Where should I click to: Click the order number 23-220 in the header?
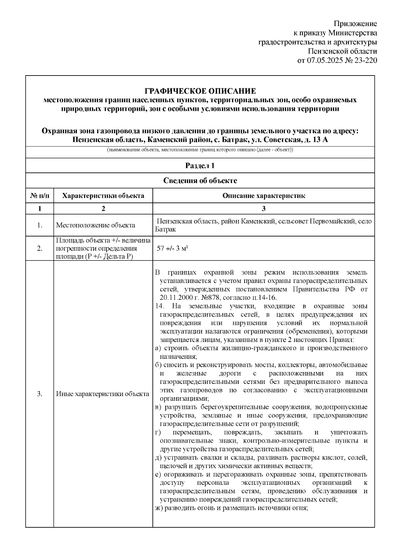365,61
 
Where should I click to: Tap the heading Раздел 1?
200,166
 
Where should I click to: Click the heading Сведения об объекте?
200,181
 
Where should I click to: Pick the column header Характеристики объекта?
103,196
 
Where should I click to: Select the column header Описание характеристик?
263,196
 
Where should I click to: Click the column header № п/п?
40,196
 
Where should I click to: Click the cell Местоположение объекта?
96,225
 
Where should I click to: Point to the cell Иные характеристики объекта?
103,394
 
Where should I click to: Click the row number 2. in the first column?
40,249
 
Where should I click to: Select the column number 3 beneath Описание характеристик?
263,208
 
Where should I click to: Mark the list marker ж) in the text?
159,508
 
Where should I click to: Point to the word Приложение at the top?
355,24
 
